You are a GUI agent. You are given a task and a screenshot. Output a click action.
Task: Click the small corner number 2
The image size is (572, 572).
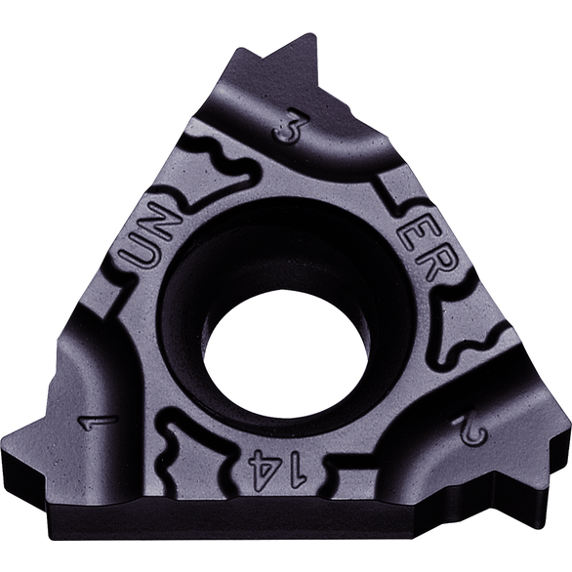[470, 431]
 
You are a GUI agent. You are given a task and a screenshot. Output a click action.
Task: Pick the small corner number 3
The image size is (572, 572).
[289, 127]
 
